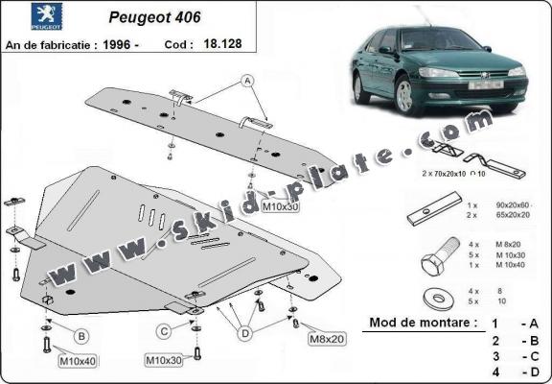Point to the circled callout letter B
point(81,335)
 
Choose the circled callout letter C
point(165,331)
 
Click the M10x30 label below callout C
point(164,360)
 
